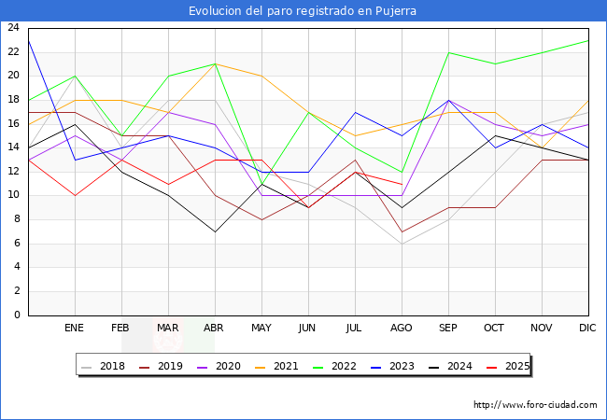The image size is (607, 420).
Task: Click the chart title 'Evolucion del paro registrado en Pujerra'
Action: coord(303,11)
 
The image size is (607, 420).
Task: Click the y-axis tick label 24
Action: coord(13,28)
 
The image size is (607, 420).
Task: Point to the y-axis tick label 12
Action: coord(13,172)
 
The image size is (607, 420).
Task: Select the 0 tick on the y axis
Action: coord(17,315)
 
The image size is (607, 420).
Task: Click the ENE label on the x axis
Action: coord(75,329)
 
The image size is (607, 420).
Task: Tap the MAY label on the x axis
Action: coord(261,329)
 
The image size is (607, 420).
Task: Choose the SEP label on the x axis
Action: coord(448,329)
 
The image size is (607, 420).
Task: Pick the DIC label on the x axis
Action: coord(588,329)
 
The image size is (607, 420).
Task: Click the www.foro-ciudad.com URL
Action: coord(535,405)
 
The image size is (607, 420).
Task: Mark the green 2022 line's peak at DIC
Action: coord(588,40)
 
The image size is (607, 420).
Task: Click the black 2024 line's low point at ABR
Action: coord(215,231)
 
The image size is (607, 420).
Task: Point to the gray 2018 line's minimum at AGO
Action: coord(402,244)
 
